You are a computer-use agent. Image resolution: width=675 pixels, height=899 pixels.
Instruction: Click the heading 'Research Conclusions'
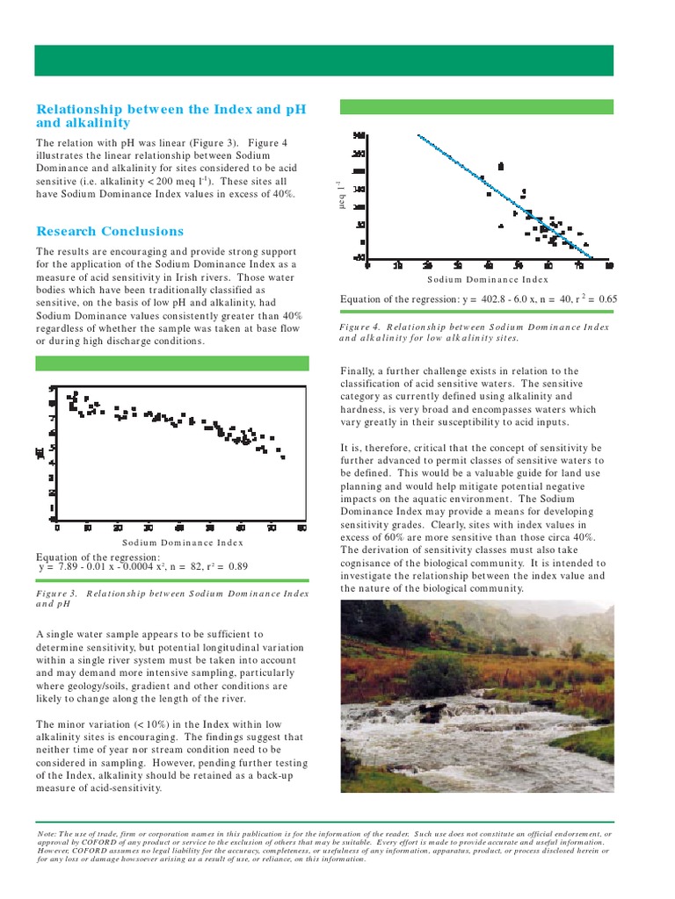pos(110,232)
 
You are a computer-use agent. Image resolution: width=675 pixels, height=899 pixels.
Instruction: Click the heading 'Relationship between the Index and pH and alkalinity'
pos(171,116)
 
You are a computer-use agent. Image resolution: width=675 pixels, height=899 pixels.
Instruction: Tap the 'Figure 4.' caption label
pos(362,327)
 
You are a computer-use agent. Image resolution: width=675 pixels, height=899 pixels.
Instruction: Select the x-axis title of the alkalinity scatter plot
pos(487,279)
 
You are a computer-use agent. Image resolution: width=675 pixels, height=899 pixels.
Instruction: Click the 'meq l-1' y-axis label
pos(334,197)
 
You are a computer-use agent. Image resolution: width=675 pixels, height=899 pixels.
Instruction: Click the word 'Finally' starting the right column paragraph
pos(359,370)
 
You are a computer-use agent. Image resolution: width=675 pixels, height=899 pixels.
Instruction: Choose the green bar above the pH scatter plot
pos(171,363)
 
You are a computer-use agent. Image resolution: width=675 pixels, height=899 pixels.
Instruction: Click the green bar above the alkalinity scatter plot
pos(476,106)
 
